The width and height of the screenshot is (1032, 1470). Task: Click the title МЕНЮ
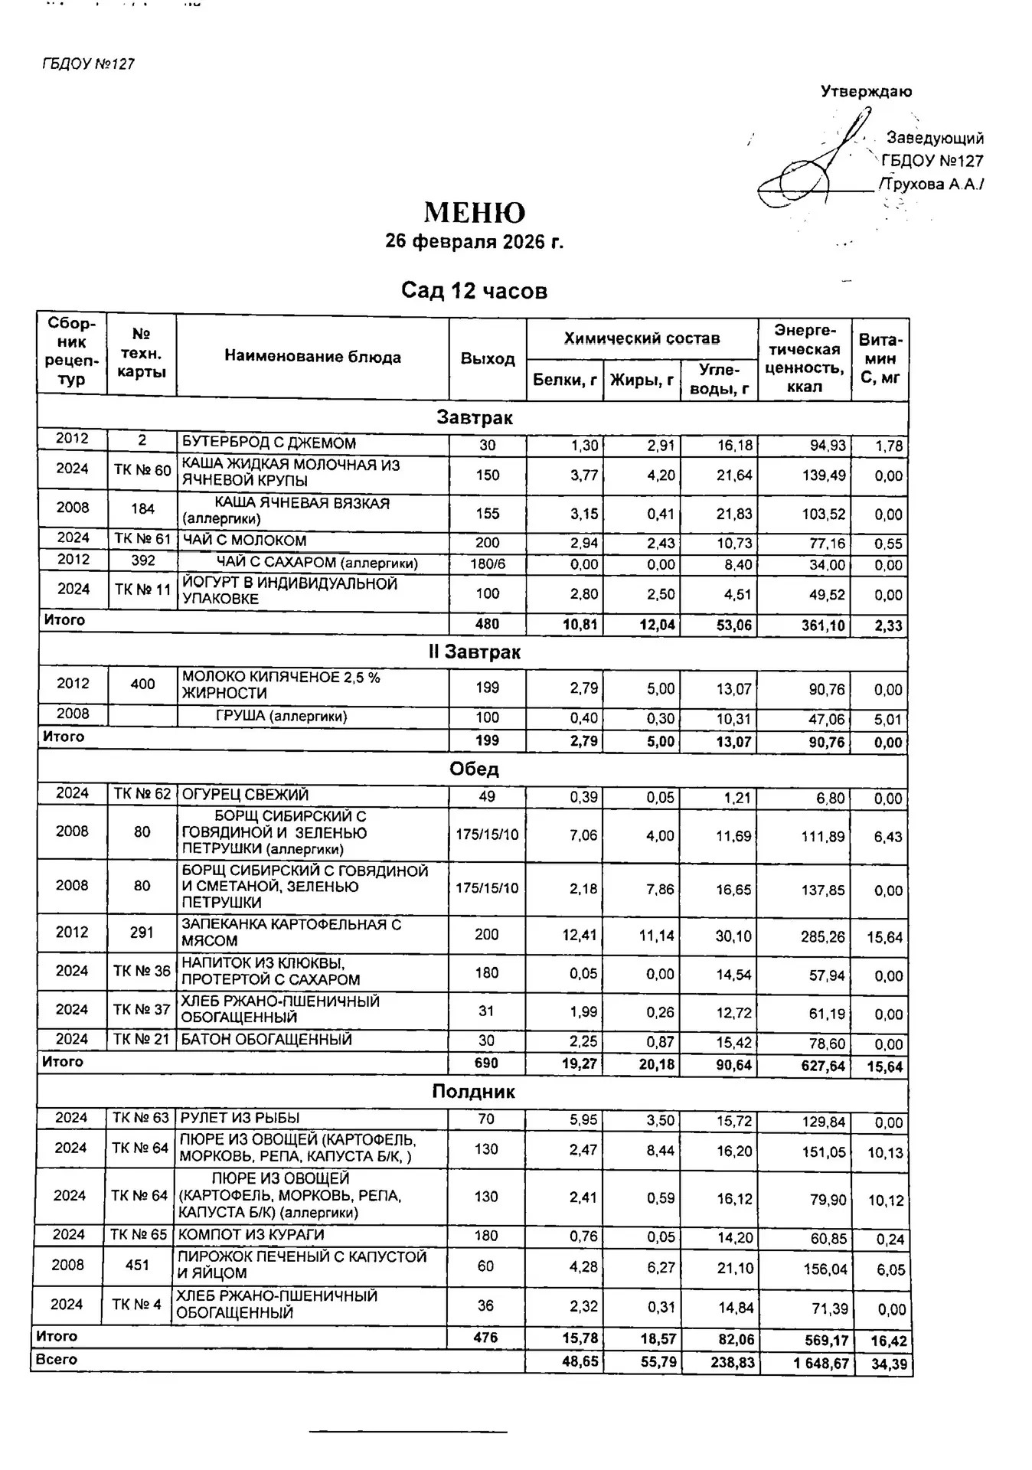pos(474,213)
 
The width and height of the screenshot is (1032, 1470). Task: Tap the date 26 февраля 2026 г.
pos(474,242)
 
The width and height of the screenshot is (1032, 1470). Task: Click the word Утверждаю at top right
pos(866,92)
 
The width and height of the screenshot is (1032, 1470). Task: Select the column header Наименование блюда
pos(312,357)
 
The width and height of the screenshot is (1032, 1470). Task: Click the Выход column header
pos(488,358)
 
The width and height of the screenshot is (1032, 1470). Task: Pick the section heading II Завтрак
pos(474,652)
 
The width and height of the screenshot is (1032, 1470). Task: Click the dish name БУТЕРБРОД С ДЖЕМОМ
pos(269,443)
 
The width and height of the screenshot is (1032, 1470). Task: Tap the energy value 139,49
pos(824,475)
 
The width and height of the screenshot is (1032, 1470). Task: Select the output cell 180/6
pos(488,564)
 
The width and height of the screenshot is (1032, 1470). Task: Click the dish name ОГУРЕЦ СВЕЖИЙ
pos(245,795)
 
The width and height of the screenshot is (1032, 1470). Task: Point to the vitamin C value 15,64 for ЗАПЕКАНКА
pos(884,936)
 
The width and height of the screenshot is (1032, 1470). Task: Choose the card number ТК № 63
pos(141,1118)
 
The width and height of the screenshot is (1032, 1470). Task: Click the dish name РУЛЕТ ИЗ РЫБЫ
pos(239,1118)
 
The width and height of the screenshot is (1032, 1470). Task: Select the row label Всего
pos(57,1360)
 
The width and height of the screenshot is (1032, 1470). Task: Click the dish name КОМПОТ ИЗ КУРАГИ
pos(251,1235)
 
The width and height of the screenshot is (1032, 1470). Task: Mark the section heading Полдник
pos(473,1092)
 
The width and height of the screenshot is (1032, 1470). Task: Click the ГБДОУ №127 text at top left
pos(89,64)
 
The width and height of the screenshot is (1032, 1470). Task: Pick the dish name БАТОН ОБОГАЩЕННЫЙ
pos(266,1040)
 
